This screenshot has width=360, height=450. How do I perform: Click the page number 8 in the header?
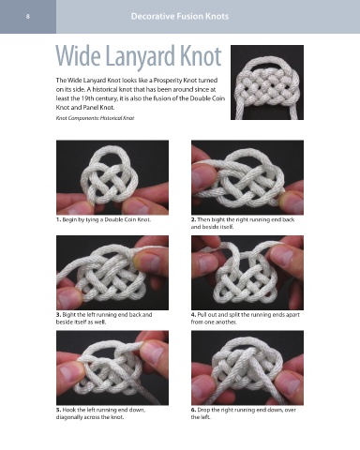pos(28,17)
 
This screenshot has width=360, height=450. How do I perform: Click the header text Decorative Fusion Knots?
pos(180,16)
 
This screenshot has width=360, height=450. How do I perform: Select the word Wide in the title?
pos(78,56)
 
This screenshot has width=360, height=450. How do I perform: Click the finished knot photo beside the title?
pos(267,82)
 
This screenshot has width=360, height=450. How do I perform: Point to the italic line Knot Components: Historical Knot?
pos(95,118)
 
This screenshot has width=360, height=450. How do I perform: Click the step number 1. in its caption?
pos(58,219)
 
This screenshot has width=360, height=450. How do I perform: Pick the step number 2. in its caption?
pos(194,219)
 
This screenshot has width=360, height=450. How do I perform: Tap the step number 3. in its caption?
pos(58,315)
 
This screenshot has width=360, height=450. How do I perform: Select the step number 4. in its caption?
pos(194,315)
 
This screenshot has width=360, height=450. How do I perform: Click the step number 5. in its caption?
pos(58,410)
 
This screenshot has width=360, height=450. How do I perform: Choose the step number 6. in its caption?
pos(194,410)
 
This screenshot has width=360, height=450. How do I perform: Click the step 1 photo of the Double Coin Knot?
pos(112,177)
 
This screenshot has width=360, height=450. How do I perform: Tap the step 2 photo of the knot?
pos(247,177)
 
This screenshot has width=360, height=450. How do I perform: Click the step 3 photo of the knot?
pos(112,273)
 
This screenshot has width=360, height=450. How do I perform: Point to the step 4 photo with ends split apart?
pos(247,273)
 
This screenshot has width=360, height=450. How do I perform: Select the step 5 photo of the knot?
pos(112,367)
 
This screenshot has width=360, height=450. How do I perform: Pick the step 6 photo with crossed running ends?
pos(247,367)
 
